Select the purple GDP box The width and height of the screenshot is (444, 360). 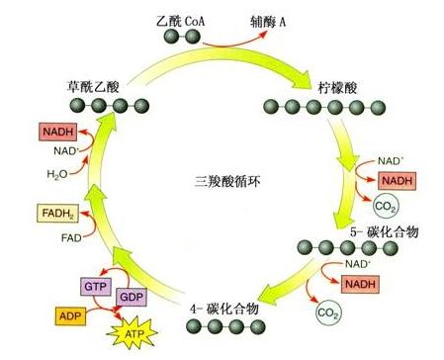point(132,297)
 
